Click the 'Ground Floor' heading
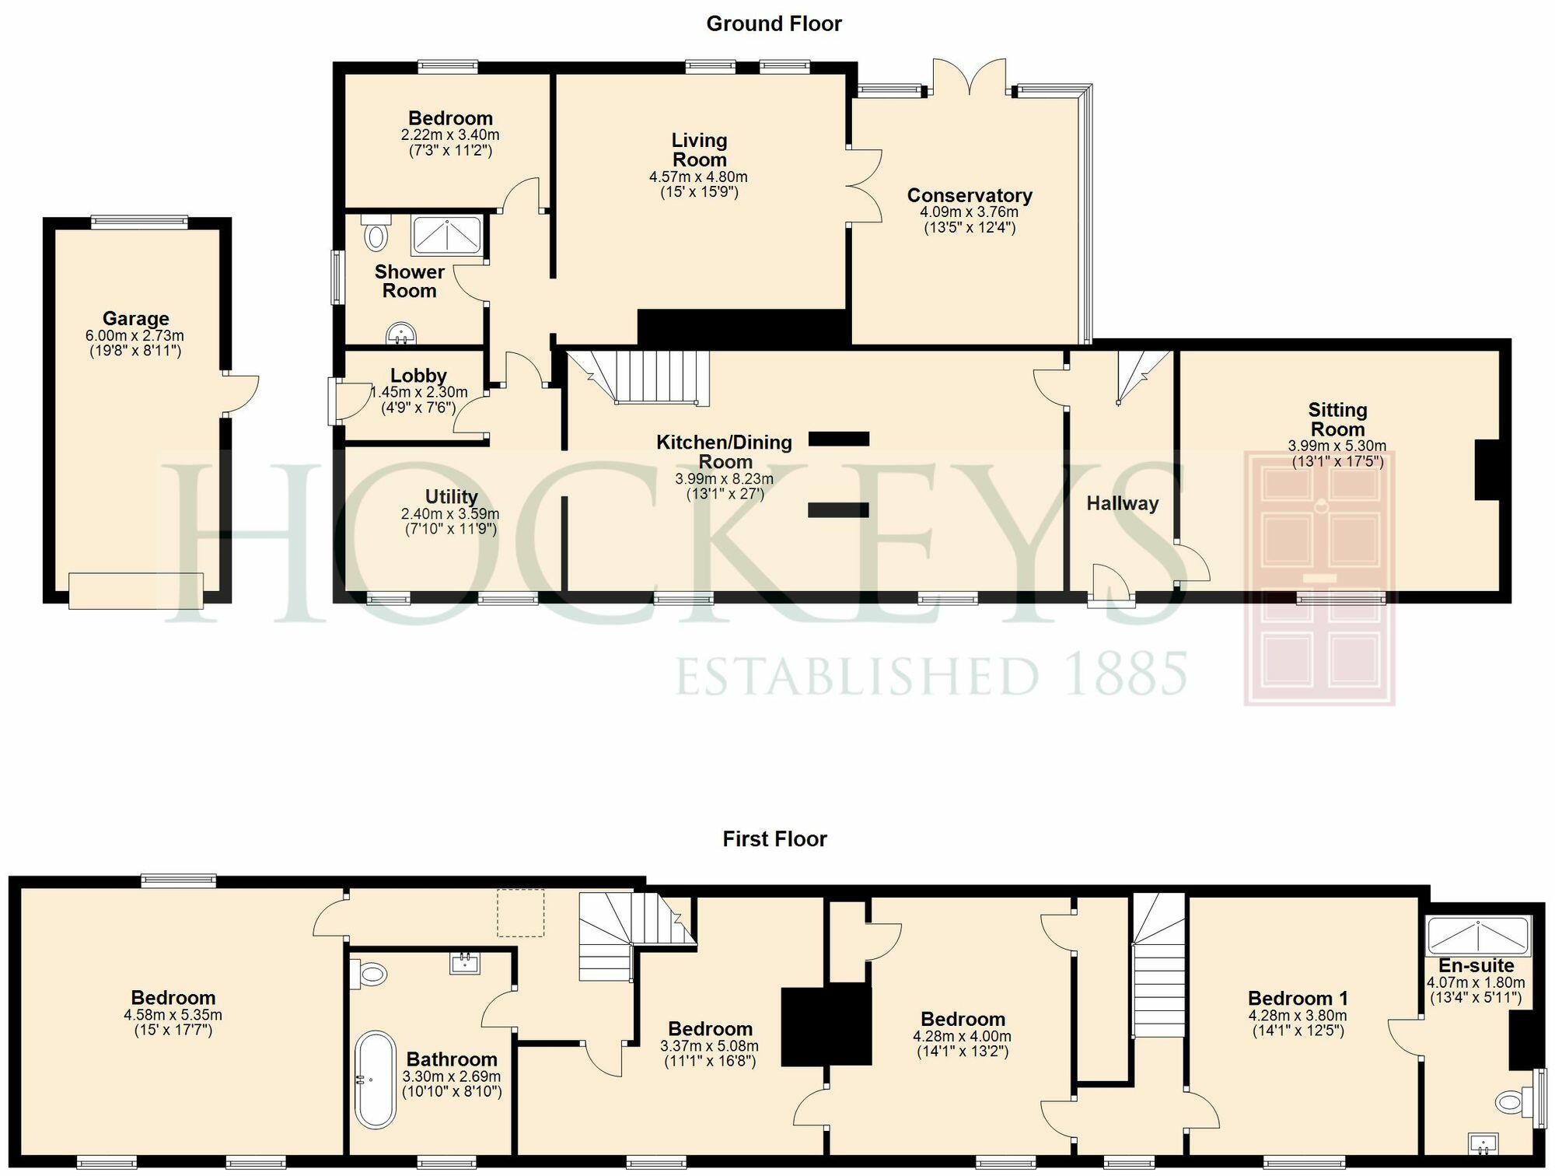tap(774, 24)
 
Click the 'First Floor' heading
tap(774, 838)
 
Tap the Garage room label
tap(136, 318)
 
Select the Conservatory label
tap(970, 195)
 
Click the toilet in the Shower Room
tap(375, 231)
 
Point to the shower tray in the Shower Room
tap(447, 236)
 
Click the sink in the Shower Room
tap(401, 334)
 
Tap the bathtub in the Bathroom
tap(376, 1080)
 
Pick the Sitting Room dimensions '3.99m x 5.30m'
tap(1337, 446)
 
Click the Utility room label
tap(451, 496)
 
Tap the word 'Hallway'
tap(1122, 503)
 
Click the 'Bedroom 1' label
tap(1298, 998)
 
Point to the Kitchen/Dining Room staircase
tap(638, 377)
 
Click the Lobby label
tap(418, 376)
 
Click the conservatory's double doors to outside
tap(970, 77)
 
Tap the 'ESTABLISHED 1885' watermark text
tap(931, 674)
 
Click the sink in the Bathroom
tap(465, 964)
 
